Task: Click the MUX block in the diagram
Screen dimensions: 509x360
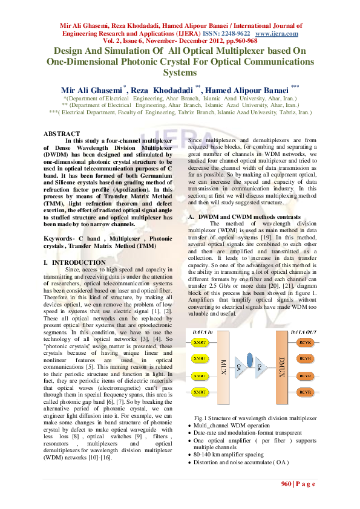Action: (x=223, y=367)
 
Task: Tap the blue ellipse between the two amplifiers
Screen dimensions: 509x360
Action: (x=252, y=366)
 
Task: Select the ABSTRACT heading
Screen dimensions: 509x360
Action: (x=62, y=134)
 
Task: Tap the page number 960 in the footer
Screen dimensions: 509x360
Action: (x=286, y=484)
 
